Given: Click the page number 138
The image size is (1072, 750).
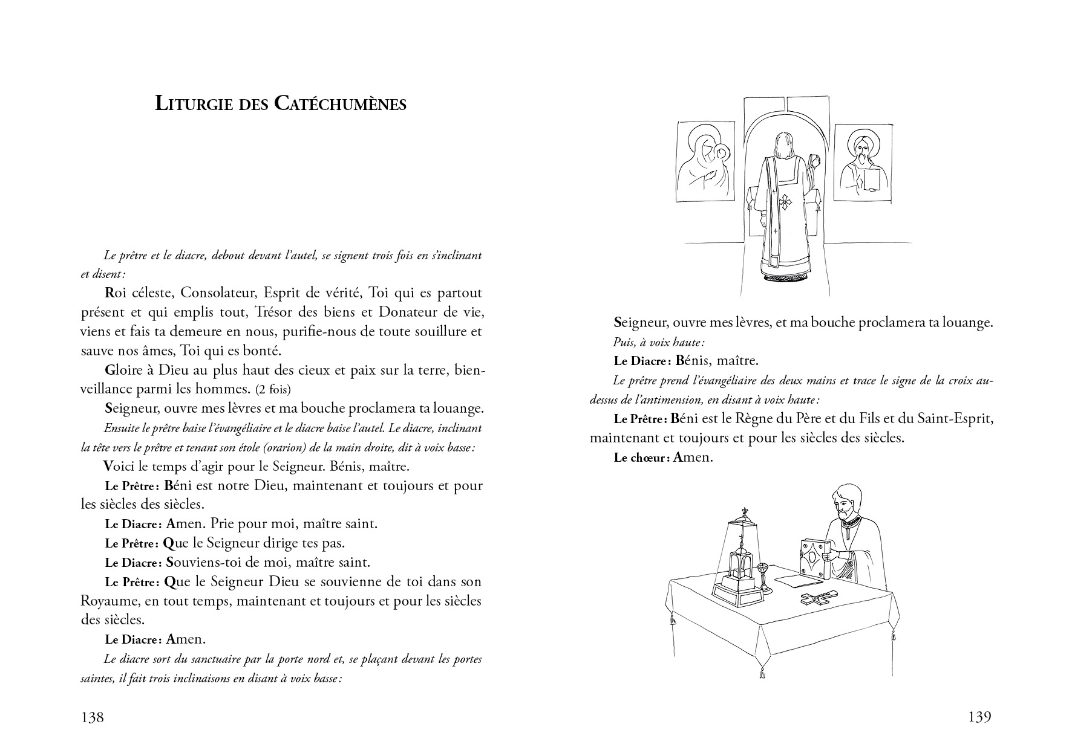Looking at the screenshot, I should point(92,717).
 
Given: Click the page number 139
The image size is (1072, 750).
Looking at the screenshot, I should point(979,717).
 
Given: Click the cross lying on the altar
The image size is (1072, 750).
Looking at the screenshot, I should point(816,599).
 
